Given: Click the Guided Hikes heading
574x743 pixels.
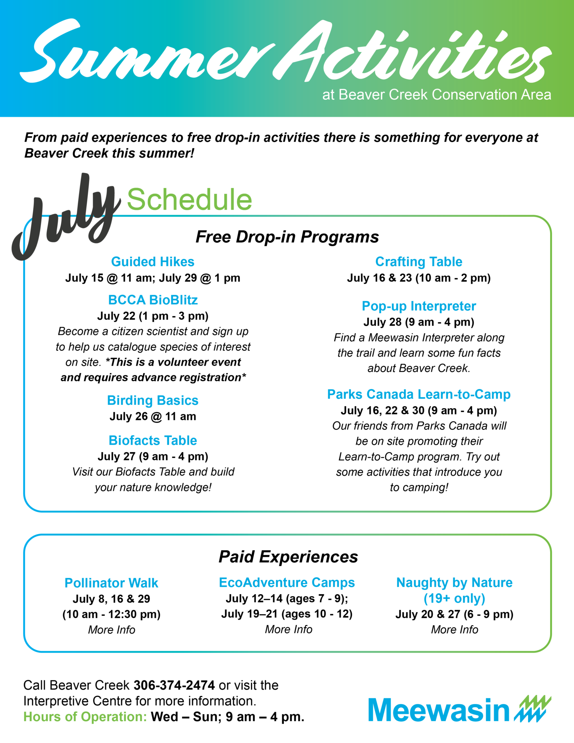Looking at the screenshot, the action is tap(153, 262).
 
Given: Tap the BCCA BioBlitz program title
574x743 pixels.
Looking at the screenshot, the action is tap(153, 300).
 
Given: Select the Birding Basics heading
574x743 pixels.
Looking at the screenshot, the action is tap(153, 401).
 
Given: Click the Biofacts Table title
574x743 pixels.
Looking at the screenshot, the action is tap(153, 440).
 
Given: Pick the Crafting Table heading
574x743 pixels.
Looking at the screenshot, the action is tap(419, 262).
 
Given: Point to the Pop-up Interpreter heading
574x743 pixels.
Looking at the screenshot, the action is tap(419, 306).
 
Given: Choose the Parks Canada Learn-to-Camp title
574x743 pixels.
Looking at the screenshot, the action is tap(419, 394).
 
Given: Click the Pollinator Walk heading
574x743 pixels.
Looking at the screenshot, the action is tap(111, 583).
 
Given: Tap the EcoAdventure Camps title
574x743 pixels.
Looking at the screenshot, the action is tap(287, 583).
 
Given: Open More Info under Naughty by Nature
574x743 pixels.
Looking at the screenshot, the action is tap(454, 629).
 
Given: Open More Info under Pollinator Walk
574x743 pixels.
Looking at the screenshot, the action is tap(111, 630).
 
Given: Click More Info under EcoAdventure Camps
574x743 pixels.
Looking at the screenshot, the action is tap(288, 629).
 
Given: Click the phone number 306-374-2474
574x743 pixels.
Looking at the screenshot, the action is tap(174, 685).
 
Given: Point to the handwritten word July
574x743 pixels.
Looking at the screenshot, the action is tap(65, 218).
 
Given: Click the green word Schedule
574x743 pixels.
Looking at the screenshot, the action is tap(189, 200).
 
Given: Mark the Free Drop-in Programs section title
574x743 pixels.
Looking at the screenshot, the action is tap(287, 237).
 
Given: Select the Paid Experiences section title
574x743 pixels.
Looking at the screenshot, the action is tap(288, 557).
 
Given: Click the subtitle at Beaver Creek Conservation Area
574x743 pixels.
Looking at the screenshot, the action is tap(437, 95).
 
